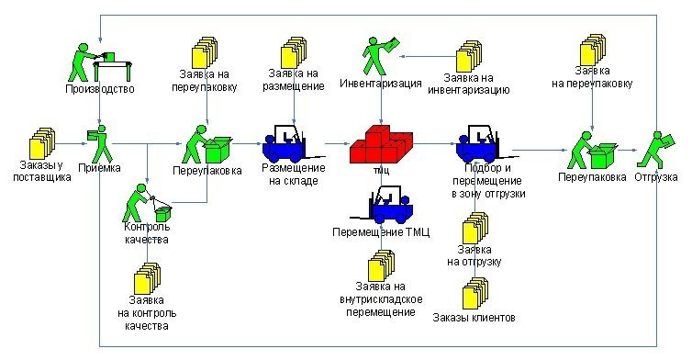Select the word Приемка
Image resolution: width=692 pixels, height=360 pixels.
point(99,168)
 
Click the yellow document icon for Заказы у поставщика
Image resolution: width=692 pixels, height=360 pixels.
point(42,143)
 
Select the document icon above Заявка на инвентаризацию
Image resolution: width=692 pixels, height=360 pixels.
point(469,56)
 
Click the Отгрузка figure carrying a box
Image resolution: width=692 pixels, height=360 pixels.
point(656,150)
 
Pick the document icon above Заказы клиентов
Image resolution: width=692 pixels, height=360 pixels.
point(474,293)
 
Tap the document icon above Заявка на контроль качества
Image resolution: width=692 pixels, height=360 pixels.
point(147,278)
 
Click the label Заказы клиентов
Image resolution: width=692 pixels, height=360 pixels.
point(474,318)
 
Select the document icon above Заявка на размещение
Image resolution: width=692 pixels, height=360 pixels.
point(294,52)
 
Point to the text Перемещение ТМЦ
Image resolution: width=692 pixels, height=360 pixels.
point(381,232)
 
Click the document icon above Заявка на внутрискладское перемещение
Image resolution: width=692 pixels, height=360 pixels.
point(381,266)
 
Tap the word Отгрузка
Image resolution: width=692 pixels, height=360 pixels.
point(656,177)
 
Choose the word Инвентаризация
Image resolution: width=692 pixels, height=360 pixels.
point(381,83)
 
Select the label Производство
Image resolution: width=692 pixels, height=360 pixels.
point(100,89)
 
